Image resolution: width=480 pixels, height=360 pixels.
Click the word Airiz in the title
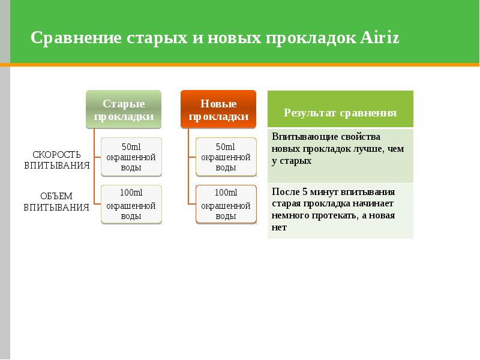coord(380,38)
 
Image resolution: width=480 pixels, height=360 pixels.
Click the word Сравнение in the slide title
coord(76,38)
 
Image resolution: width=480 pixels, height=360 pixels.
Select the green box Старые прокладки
coord(124,110)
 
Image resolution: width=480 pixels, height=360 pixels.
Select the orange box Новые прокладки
coord(218,110)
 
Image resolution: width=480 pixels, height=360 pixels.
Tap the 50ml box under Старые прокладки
coord(131,157)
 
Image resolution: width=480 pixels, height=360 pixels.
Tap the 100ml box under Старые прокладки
coord(131,205)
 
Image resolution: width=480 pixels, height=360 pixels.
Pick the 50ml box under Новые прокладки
coord(226,157)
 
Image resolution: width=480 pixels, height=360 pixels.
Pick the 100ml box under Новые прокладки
coord(226,205)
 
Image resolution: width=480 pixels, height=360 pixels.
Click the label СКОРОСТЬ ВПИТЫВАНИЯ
coord(57,160)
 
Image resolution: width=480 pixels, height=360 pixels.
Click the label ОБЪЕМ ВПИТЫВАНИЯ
coord(57,202)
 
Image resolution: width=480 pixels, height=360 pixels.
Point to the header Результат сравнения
coord(340,113)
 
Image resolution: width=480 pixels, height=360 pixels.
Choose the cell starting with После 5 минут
coord(340,209)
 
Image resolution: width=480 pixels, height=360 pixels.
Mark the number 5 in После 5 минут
coord(305,192)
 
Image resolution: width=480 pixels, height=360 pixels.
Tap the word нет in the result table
coord(279,227)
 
